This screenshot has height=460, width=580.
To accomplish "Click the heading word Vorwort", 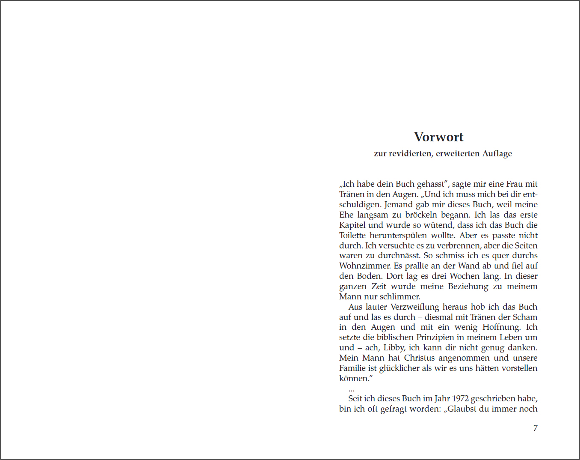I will tap(438, 137).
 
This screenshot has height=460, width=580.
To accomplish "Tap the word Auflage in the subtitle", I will tap(497, 154).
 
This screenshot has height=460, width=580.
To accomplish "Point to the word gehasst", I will tap(431, 184).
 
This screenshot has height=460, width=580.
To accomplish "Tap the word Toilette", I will tap(352, 236).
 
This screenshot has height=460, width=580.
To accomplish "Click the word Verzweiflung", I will tap(415, 307).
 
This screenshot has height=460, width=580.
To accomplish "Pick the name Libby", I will tap(394, 348).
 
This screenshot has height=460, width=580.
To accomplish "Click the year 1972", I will tap(460, 399).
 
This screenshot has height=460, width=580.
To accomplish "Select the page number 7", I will tap(535, 428).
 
